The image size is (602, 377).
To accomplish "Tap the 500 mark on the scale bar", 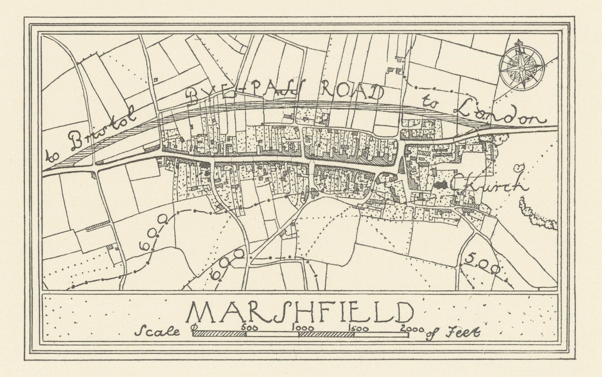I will click(250, 327).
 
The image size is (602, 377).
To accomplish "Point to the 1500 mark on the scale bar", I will click(356, 327).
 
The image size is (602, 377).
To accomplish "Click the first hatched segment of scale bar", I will click(220, 333).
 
